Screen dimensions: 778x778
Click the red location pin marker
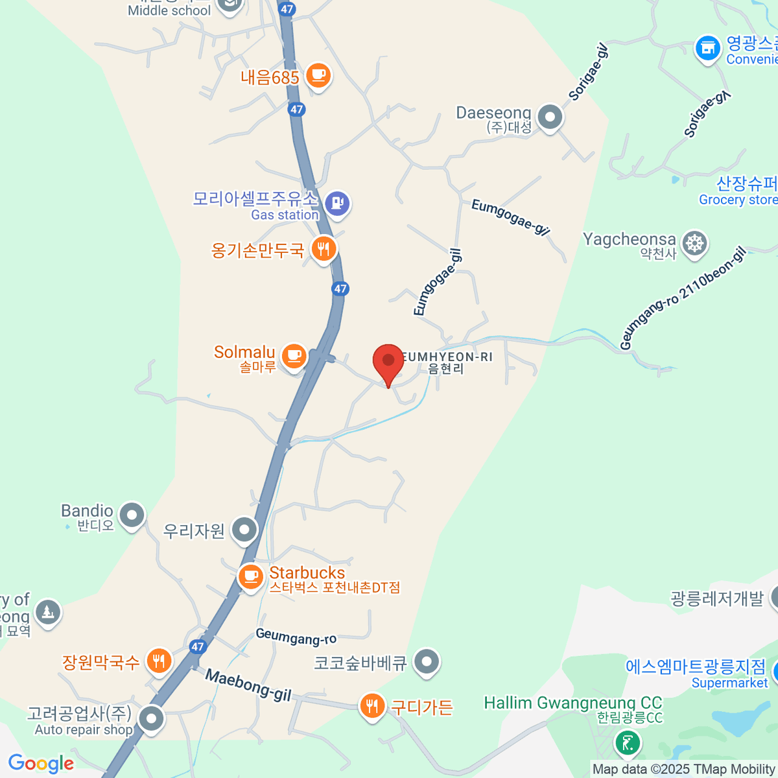pos(388,362)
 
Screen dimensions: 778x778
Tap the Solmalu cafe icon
pos(294,355)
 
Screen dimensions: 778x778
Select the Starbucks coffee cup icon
pos(251,576)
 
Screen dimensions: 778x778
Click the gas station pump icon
pos(337,204)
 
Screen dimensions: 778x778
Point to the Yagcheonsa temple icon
pos(695,244)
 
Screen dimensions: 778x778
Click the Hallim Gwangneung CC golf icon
pos(628,742)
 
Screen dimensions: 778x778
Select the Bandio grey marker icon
pos(132,515)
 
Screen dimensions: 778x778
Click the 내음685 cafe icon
pos(318,76)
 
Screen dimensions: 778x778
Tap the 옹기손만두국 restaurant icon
pos(324,248)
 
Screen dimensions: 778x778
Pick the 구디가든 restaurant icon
pos(371,706)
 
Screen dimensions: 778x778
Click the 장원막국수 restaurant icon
pos(159,661)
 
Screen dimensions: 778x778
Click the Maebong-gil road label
pos(248,685)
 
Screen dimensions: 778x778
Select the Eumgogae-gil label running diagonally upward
pos(438,283)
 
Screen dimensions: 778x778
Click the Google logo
pos(41,764)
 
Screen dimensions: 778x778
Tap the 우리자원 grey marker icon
pos(245,530)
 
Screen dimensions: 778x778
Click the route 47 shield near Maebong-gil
pos(198,646)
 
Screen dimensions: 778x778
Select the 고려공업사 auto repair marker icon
pos(152,718)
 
